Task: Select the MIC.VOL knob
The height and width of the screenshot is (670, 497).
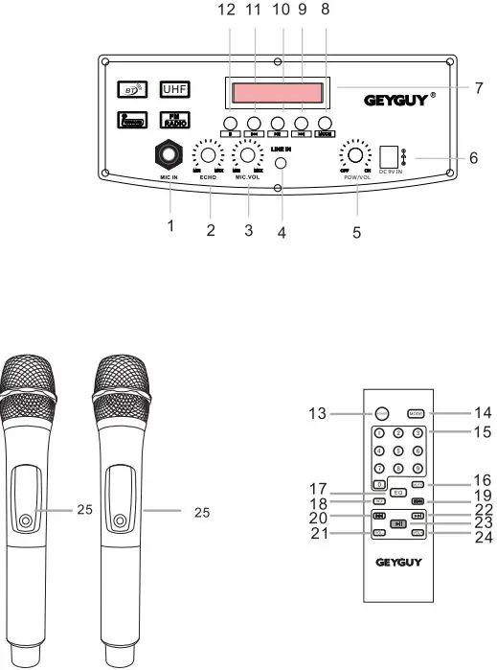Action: click(x=248, y=154)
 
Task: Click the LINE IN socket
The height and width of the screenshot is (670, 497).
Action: click(x=282, y=163)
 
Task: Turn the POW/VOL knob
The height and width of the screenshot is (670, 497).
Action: click(x=356, y=154)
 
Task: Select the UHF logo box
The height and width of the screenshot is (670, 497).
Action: click(x=175, y=89)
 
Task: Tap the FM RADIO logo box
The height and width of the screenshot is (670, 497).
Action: click(x=175, y=119)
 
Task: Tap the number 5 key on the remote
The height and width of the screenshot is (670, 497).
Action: click(x=399, y=451)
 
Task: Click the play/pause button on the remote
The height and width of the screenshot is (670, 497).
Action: click(x=398, y=524)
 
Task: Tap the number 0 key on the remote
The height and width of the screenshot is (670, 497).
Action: click(x=380, y=484)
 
